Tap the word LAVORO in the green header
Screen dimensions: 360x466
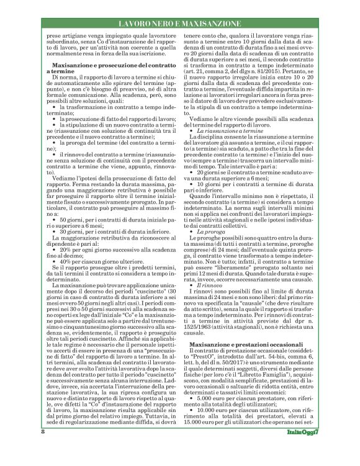tap(135, 24)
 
